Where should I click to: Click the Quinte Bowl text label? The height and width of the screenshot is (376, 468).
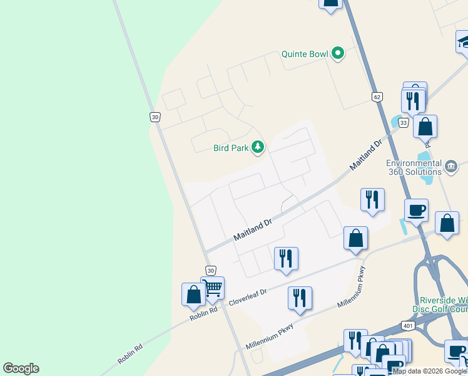305,54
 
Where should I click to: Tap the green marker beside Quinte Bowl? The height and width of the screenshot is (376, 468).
338,53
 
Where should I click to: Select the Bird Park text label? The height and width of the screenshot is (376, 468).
230,148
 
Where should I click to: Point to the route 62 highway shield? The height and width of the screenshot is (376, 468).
376,97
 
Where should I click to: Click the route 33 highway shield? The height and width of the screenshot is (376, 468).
403,123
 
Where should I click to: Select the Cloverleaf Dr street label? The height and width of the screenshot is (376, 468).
248,296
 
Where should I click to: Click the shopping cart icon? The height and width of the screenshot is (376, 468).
213,288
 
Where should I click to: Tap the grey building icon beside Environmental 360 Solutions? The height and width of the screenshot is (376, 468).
451,166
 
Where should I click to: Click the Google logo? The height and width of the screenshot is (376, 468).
21,368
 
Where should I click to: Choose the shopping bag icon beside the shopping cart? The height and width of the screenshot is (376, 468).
193,295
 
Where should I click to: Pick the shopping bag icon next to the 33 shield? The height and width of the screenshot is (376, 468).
425,127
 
